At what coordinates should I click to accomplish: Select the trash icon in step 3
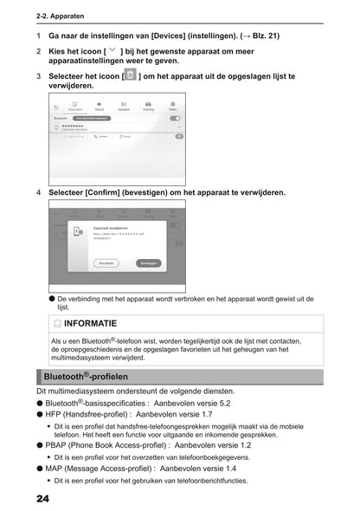click(130, 76)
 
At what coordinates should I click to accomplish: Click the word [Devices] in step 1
click(170, 36)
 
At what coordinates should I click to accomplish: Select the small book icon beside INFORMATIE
click(56, 323)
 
